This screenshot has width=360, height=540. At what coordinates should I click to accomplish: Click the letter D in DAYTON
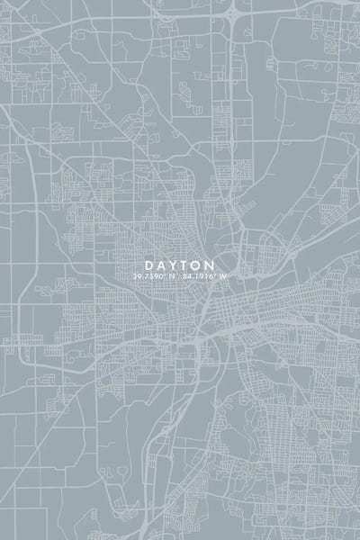click(148, 265)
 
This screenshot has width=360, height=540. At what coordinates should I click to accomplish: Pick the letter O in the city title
click(197, 265)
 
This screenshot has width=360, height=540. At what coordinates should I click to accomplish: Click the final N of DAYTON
click(211, 265)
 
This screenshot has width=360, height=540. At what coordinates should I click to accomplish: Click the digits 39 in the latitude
click(137, 276)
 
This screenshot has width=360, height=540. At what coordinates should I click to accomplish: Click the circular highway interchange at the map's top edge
click(232, 12)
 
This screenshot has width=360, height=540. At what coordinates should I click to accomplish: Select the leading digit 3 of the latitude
click(134, 276)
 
